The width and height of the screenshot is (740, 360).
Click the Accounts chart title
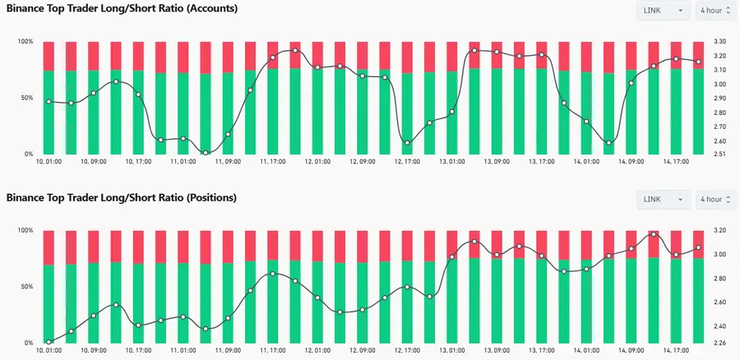tap(123, 9)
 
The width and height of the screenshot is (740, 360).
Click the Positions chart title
tap(122, 198)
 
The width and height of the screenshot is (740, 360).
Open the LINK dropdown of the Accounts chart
tap(663, 11)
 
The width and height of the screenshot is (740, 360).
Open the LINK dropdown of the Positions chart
tap(663, 200)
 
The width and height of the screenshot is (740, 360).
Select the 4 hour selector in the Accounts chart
tap(714, 11)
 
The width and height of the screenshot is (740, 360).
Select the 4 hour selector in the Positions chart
tap(714, 200)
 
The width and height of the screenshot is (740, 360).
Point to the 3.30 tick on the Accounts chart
tap(719, 41)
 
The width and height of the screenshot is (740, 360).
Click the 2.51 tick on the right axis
tap(719, 154)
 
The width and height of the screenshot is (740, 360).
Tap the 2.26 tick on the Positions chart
tap(719, 343)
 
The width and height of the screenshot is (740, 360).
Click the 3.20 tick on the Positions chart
tap(719, 230)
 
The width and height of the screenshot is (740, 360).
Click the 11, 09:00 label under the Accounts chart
tap(227, 162)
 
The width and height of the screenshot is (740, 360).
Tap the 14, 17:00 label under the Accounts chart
tap(676, 162)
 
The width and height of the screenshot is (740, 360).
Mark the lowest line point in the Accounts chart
tap(206, 153)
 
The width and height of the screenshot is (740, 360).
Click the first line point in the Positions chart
tap(49, 342)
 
